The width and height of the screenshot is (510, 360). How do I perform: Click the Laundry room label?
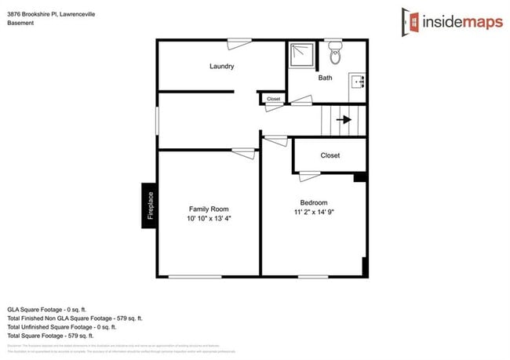[x=221, y=67]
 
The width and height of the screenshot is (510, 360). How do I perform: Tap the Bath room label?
[x=325, y=78]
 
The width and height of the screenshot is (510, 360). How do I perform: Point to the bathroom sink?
[x=358, y=82]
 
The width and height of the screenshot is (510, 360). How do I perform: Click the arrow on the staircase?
[x=344, y=120]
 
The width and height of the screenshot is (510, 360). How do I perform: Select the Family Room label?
[x=209, y=209]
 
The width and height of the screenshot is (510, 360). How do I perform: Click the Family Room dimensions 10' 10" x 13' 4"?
[x=209, y=220]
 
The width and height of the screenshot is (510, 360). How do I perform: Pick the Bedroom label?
[x=314, y=202]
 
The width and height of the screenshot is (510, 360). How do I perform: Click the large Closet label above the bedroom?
[x=330, y=155]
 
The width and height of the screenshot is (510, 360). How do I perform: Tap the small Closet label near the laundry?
[x=274, y=99]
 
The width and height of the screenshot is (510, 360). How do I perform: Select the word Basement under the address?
[x=20, y=24]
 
